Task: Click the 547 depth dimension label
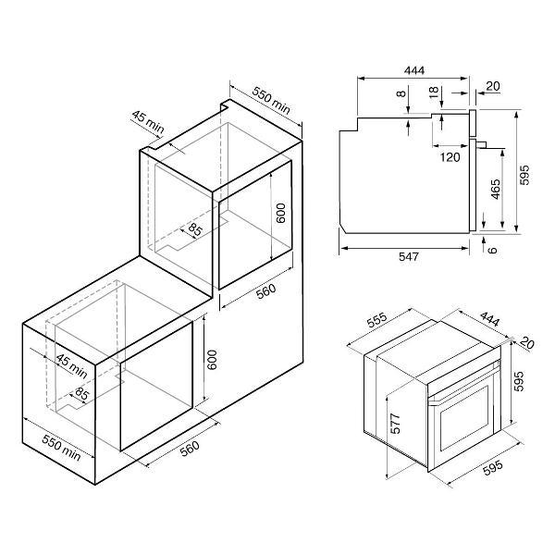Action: tap(409, 256)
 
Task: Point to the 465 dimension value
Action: tap(496, 190)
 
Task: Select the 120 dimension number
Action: tap(450, 157)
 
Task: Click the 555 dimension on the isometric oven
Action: tap(377, 320)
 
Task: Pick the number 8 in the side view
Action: tap(401, 93)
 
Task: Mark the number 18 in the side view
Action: tap(434, 92)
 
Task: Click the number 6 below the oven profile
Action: tap(492, 250)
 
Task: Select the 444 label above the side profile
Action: tap(414, 70)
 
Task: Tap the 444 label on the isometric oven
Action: tap(489, 319)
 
